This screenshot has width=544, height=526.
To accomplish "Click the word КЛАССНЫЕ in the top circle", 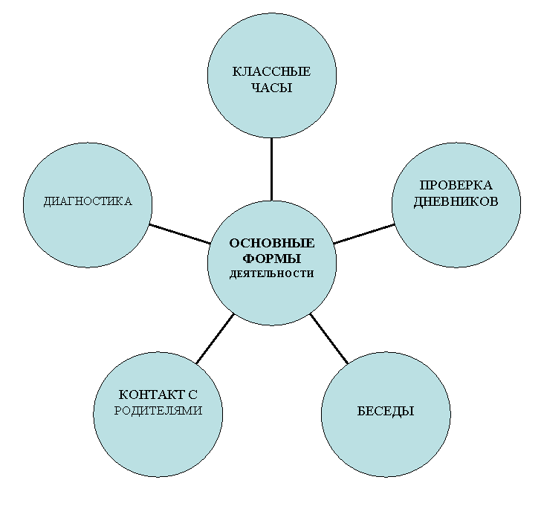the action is [x=271, y=71].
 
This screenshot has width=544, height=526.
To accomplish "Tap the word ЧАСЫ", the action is [x=271, y=88].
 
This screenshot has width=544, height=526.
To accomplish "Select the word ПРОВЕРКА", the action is [x=456, y=185].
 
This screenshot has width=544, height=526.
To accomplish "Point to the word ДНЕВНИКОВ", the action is [x=456, y=201].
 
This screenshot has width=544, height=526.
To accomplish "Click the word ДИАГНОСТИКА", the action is [x=88, y=201].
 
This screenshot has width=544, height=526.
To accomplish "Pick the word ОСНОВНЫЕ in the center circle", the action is [x=272, y=243].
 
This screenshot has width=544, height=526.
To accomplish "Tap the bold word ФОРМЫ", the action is [x=272, y=259].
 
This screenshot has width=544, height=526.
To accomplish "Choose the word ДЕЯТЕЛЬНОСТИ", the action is [x=272, y=274].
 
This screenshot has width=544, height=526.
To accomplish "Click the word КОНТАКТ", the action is [x=152, y=394].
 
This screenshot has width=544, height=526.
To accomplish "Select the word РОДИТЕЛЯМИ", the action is [x=158, y=411].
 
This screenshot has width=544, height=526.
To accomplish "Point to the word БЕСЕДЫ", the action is [x=386, y=412].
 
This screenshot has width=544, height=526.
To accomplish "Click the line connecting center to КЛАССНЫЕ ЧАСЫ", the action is [x=272, y=169].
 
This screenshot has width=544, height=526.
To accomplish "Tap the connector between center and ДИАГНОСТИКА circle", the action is [x=180, y=234].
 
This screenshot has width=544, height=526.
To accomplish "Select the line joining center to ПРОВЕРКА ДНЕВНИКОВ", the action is [x=364, y=234].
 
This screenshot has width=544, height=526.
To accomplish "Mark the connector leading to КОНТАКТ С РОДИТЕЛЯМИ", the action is [x=215, y=339].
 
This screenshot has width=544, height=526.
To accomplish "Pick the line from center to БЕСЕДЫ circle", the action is [x=329, y=339].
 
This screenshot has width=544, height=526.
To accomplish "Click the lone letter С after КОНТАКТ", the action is [x=193, y=394].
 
